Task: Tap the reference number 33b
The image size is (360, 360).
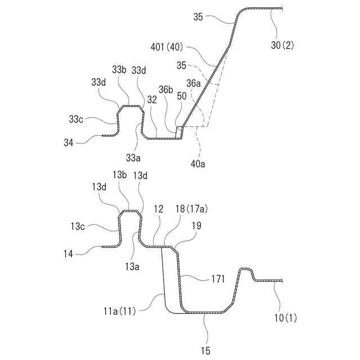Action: pos(119,70)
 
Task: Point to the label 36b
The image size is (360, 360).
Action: pos(165,89)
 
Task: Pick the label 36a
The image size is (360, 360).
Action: pos(194,83)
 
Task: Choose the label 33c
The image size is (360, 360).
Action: pos(77,119)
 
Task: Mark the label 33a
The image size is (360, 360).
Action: pos(133,156)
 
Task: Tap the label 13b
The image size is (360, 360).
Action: pos(120,175)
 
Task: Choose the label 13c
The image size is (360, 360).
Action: pos(78,226)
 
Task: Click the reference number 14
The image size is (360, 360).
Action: pos(69,254)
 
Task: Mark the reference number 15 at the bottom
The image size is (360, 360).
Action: pos(205,351)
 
